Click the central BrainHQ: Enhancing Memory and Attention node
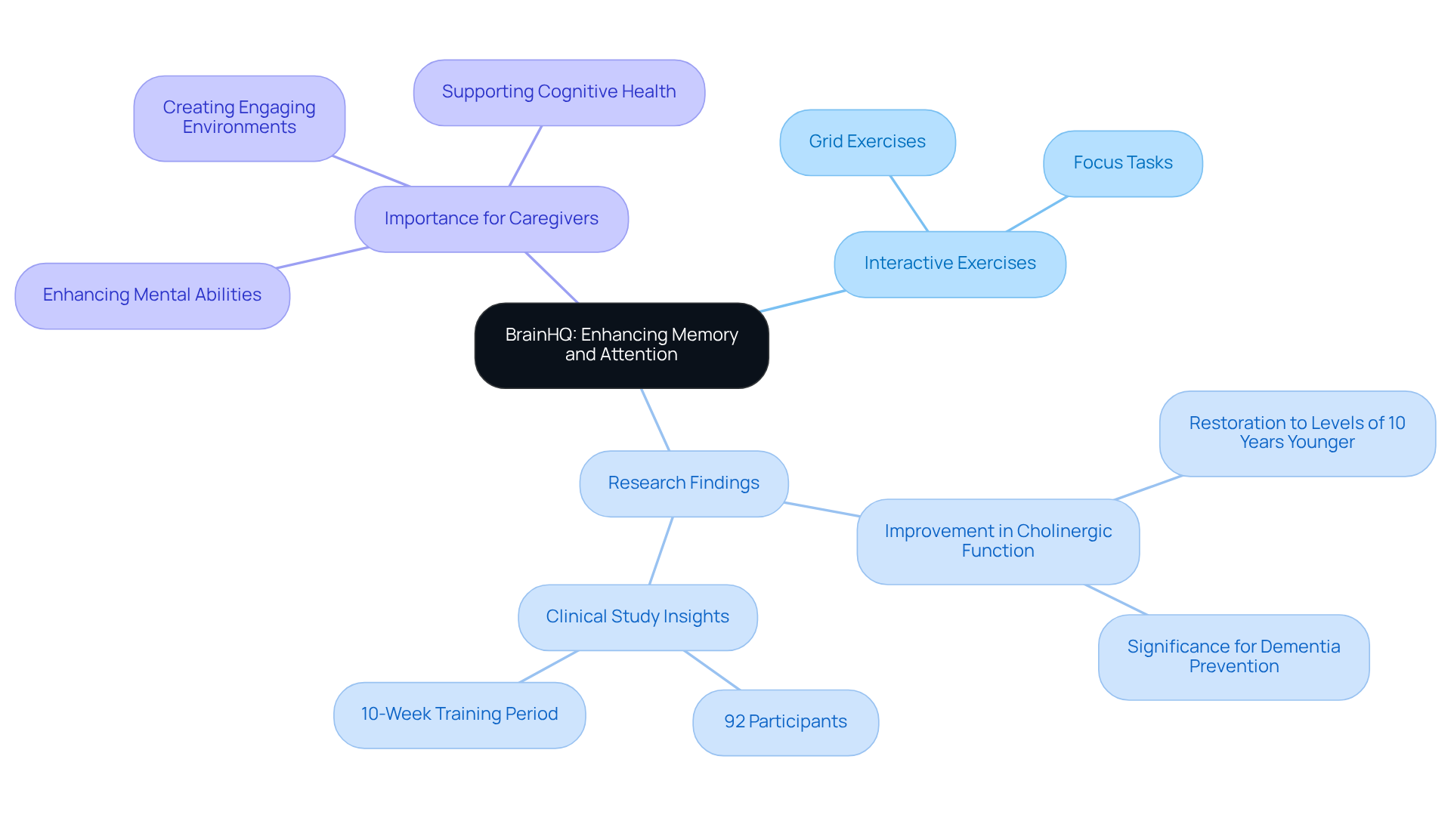[621, 345]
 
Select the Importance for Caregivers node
[491, 219]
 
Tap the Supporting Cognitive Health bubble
[558, 92]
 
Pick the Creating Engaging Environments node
[239, 118]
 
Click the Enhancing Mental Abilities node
[152, 295]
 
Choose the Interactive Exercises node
[949, 264]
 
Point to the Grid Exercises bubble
[867, 142]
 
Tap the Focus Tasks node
[1122, 163]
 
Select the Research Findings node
[683, 483]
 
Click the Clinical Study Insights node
[637, 617]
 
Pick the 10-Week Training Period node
[459, 715]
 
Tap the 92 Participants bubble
[785, 722]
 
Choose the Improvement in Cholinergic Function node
[998, 541]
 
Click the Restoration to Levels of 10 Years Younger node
[1297, 433]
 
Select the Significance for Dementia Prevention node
[1233, 656]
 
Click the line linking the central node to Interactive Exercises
[803, 301]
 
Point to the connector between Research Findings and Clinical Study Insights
[661, 551]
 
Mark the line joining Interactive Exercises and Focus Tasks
[1036, 214]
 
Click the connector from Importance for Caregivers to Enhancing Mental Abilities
[323, 258]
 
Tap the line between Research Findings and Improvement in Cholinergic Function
[821, 509]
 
